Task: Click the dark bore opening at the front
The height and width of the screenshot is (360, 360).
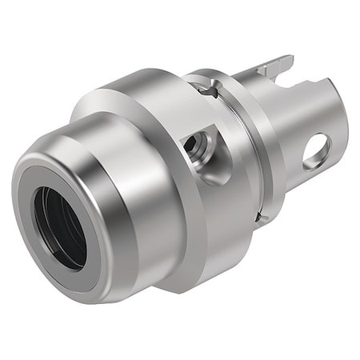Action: [58, 227]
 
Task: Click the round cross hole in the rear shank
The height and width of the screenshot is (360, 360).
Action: [316, 150]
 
